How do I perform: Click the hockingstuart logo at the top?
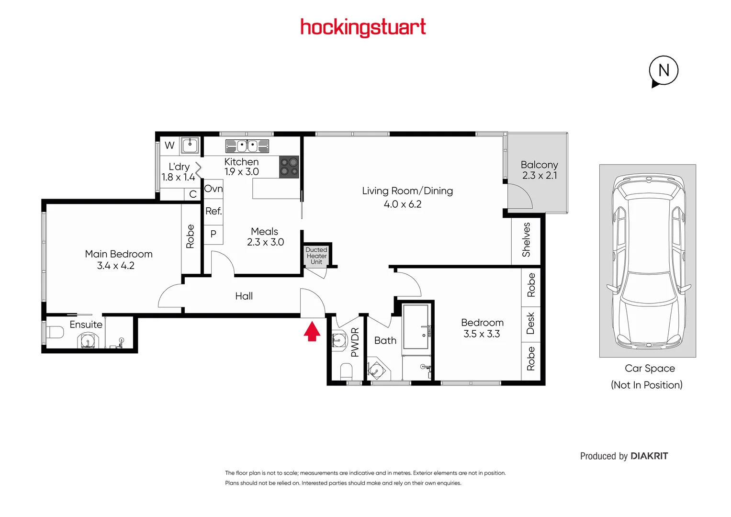pos(363,27)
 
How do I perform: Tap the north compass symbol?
pos(664,71)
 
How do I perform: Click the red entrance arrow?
pos(312,331)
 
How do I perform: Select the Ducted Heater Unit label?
pos(316,256)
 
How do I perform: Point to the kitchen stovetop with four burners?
pos(289,167)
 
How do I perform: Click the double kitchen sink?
pos(247,146)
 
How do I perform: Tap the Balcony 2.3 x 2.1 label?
pos(540,170)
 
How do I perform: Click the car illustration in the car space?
pos(648,261)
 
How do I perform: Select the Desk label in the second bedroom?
pos(530,324)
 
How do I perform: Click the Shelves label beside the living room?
pos(526,240)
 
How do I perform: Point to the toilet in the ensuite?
pos(55,332)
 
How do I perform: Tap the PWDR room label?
pos(355,342)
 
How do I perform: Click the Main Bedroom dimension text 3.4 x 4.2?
pos(116,266)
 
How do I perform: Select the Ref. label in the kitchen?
pos(214,211)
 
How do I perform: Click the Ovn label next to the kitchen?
pos(214,189)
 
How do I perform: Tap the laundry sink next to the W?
pos(190,145)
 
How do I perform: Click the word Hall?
pos(244,296)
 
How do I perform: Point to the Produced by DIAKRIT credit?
pos(624,456)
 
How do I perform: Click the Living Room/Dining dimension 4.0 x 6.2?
pos(403,204)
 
